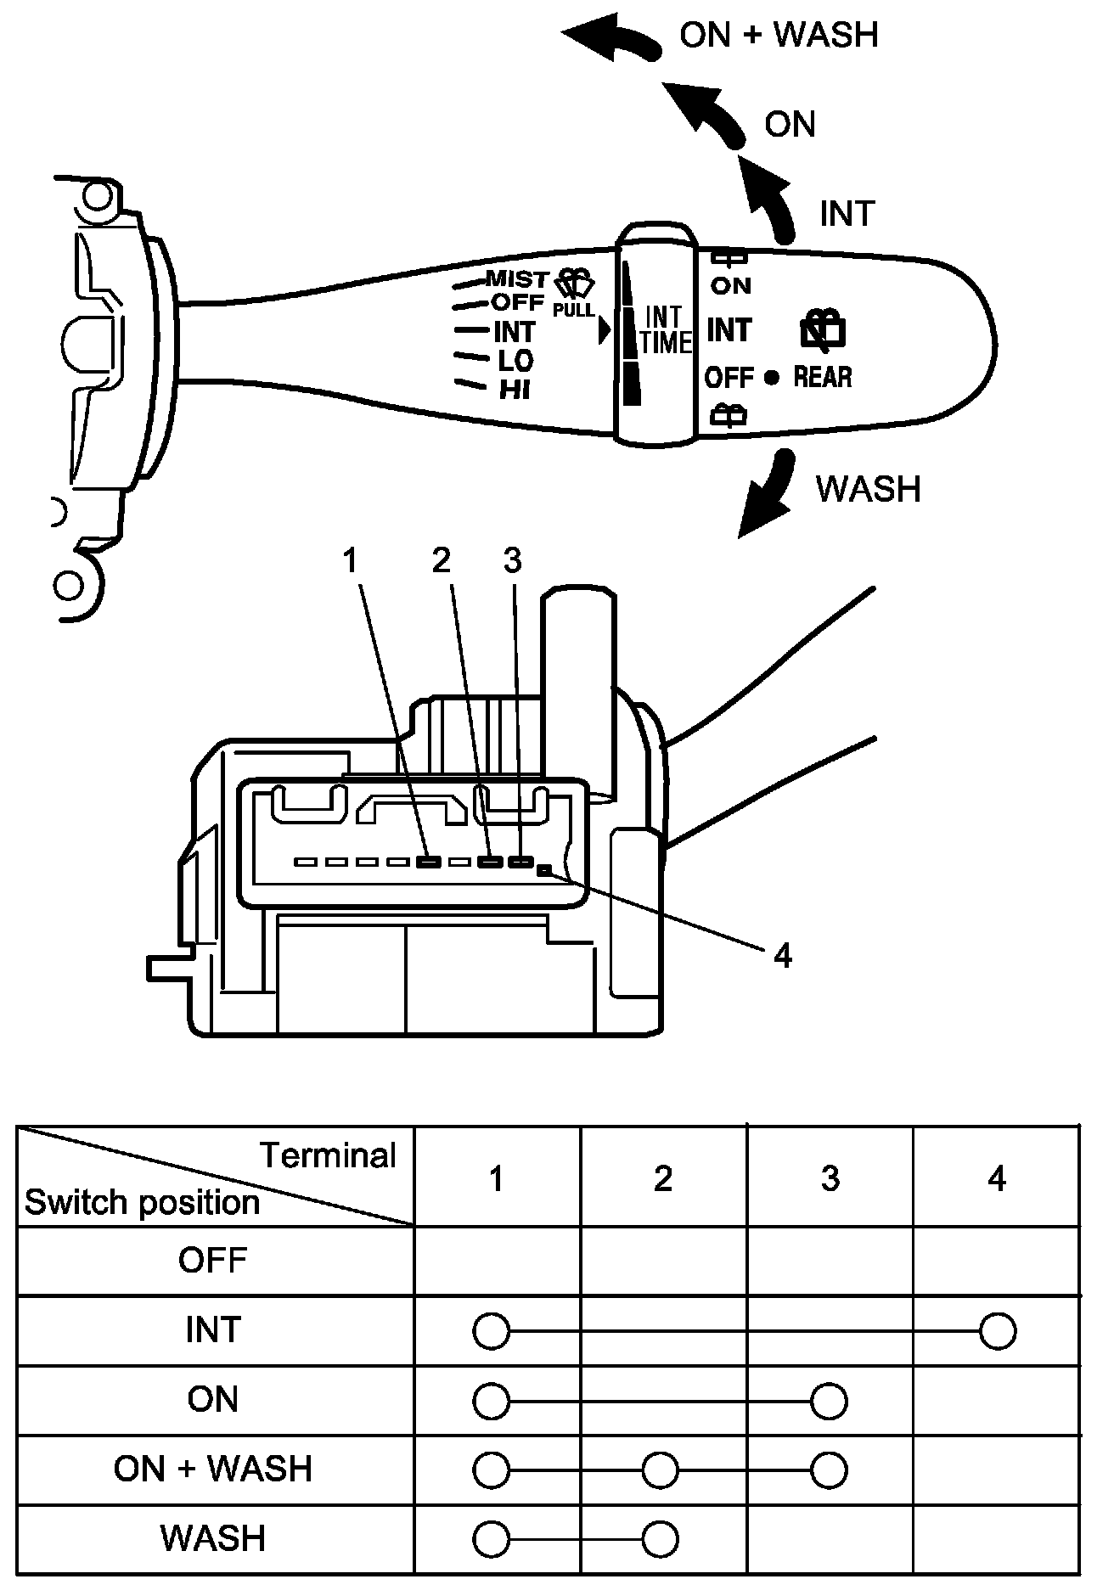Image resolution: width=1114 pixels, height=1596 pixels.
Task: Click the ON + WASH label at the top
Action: click(x=779, y=35)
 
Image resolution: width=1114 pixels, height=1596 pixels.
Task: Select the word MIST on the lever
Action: click(x=517, y=278)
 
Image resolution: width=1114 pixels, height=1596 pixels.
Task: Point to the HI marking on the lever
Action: click(x=515, y=390)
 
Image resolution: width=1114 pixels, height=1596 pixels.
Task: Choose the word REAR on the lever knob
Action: click(x=823, y=376)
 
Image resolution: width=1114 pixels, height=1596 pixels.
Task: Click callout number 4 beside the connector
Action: click(x=782, y=956)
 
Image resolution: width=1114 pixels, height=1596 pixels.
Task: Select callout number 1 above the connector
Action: click(x=352, y=560)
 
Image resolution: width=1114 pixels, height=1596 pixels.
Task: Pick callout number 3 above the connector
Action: click(x=512, y=560)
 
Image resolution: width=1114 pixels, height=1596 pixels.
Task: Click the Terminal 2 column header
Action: click(x=663, y=1178)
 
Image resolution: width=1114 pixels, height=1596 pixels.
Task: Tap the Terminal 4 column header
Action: click(x=997, y=1178)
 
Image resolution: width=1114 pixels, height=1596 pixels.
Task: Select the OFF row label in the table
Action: click(x=212, y=1260)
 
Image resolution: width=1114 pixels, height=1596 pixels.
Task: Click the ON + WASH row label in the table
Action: click(x=213, y=1469)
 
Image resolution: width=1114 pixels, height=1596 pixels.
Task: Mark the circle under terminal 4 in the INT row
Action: click(x=998, y=1331)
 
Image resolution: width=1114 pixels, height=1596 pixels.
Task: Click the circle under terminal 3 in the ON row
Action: click(x=829, y=1401)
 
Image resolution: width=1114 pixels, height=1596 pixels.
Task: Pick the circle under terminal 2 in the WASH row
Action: click(x=661, y=1539)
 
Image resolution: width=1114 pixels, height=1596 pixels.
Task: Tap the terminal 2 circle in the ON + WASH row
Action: click(x=661, y=1470)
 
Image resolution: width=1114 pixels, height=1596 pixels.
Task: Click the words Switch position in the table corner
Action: click(x=142, y=1203)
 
